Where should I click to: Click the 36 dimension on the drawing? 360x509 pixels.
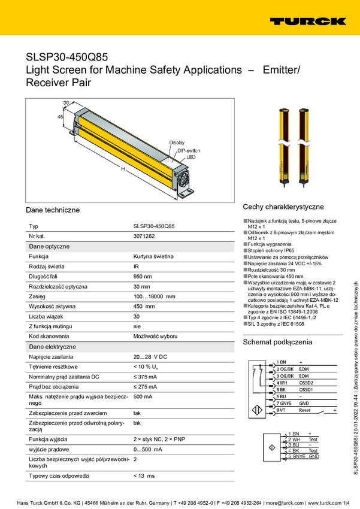coord(66,103)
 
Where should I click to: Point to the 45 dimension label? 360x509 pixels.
coord(60,117)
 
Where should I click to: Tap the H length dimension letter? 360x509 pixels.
coord(123,169)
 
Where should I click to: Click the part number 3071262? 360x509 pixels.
coord(144,237)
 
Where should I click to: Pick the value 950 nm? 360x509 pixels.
coord(142,276)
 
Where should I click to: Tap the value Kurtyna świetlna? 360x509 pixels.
coord(153,256)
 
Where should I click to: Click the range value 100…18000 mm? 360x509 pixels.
coord(154,296)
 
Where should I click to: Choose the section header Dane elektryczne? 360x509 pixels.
coord(52,347)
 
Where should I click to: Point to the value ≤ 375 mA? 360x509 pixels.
coord(145,377)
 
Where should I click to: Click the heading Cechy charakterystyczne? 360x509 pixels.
coord(283,206)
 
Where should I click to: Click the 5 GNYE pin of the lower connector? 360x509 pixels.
coord(296,456)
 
